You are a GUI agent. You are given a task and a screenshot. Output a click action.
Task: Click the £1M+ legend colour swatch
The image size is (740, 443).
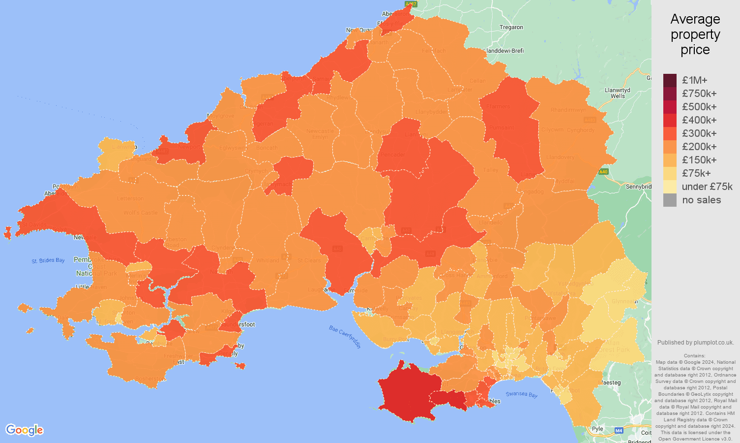coord(670,80)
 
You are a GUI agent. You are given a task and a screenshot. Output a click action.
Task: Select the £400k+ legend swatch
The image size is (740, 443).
coord(670,120)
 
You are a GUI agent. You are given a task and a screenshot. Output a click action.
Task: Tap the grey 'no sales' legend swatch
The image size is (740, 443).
coord(670,200)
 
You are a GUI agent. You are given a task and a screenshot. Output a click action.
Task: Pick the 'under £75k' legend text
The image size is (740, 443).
coord(707,187)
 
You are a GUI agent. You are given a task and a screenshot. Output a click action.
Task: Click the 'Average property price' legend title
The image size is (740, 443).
coord(695,34)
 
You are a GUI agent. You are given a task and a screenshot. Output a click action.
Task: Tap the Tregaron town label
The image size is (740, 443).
coord(511,28)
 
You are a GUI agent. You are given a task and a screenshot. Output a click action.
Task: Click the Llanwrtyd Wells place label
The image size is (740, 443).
coord(618,93)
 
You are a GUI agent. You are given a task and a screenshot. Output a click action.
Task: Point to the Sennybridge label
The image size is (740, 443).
coord(638,187)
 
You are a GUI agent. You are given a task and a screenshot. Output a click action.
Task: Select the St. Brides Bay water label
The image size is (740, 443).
coord(48,260)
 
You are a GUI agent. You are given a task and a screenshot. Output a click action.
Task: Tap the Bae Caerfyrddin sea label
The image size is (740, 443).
coord(345,337)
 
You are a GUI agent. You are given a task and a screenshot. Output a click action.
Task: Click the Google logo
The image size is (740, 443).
coord(25,430)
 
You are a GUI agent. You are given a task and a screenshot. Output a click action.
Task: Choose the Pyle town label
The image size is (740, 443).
coord(597,429)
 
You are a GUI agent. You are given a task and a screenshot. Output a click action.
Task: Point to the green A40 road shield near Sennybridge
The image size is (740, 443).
coord(603,172)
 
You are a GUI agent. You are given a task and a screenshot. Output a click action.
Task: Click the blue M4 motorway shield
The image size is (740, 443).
coord(619,431)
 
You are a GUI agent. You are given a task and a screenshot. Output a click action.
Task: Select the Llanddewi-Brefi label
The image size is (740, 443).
coord(504,51)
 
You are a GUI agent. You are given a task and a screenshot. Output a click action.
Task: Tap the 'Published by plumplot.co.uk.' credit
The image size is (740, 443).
coord(695,343)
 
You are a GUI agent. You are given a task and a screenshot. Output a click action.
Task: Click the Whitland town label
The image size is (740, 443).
coord(267,260)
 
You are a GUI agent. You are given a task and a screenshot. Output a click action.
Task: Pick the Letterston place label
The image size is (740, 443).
coord(130,199)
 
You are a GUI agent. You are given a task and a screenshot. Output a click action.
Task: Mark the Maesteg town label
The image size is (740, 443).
coord(611,382)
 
